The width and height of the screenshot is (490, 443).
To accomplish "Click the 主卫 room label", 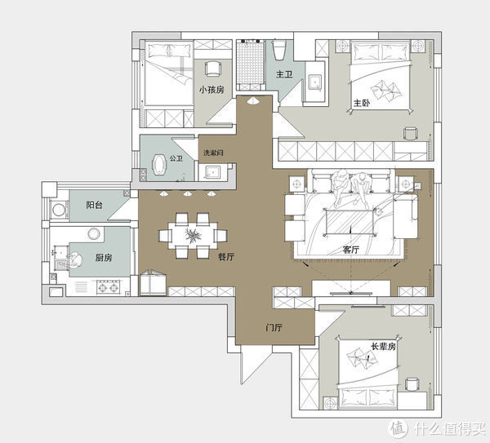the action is point(284,74).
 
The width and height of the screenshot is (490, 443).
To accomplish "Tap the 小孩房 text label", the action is point(212,90).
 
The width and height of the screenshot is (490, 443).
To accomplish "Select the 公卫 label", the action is point(176,158).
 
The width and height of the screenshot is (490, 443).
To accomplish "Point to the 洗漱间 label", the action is point(213,153).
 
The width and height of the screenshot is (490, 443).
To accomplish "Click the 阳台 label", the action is point(94,205).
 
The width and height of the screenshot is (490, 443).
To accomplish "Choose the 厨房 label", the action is point(104,258).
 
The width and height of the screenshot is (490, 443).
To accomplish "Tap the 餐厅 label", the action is point(226,257).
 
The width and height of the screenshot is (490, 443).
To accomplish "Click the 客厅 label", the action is point(350,250).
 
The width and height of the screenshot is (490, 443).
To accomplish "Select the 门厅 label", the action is point(274,327).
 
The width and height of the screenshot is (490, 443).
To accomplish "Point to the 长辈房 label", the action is point(383,346).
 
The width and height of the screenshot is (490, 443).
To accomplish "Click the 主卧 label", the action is point(362,103).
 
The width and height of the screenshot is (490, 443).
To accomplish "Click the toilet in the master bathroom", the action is point(279,49).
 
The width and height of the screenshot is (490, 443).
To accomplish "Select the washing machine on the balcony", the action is point(59,210).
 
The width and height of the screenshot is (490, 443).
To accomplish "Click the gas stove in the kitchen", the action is point(108,287).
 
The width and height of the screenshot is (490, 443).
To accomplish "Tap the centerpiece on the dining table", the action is point(193,235).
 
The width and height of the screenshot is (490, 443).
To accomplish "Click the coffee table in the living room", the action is point(350,222).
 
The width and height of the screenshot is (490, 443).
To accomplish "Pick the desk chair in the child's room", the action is point(213,68).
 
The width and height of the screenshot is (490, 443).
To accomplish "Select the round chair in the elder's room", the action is point(412,384).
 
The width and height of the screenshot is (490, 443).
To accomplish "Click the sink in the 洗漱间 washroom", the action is point(212,172).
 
